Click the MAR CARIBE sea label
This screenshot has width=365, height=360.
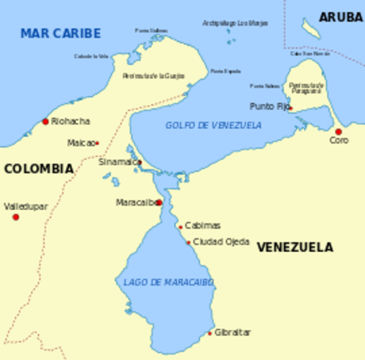pyautogui.click(x=60, y=34)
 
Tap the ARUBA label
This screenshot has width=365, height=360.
pyautogui.click(x=340, y=17)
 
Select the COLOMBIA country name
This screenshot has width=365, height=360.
pyautogui.click(x=38, y=169)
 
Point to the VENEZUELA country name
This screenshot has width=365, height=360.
pyautogui.click(x=295, y=247)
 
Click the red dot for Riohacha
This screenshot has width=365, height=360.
pyautogui.click(x=45, y=121)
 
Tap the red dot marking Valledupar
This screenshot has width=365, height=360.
pyautogui.click(x=16, y=217)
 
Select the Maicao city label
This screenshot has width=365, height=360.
pyautogui.click(x=80, y=142)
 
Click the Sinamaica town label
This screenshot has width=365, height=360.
pyautogui.click(x=117, y=161)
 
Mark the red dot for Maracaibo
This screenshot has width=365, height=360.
pyautogui.click(x=158, y=202)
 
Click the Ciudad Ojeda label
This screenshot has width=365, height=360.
pyautogui.click(x=221, y=241)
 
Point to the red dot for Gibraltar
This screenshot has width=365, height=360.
pyautogui.click(x=210, y=333)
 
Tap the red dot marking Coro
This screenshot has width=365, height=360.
pyautogui.click(x=338, y=131)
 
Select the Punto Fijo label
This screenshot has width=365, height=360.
pyautogui.click(x=268, y=106)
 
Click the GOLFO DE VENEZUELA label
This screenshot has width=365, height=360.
pyautogui.click(x=214, y=125)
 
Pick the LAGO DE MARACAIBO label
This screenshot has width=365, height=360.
pyautogui.click(x=169, y=282)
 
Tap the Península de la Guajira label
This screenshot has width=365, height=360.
pyautogui.click(x=153, y=76)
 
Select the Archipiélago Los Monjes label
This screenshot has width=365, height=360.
pyautogui.click(x=235, y=23)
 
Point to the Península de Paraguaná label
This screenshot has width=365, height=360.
pyautogui.click(x=306, y=88)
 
